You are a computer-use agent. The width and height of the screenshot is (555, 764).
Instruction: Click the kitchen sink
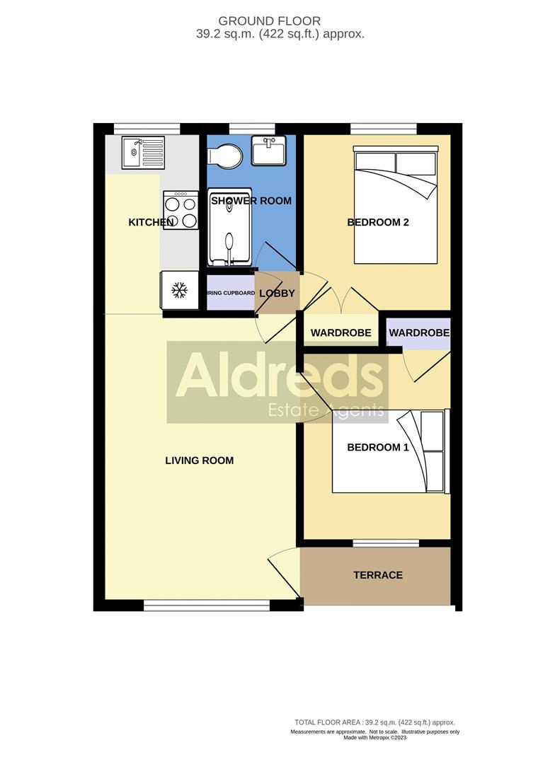pos(142,153)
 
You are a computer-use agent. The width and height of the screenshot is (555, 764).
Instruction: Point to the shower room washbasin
pos(268,151)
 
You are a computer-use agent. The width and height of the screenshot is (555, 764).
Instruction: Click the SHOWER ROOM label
pos(251,201)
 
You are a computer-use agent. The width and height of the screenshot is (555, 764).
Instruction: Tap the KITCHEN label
pos(151,223)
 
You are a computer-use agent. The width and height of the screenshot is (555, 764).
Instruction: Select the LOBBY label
pos(277,293)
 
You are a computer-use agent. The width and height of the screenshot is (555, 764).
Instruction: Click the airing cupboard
pos(230,293)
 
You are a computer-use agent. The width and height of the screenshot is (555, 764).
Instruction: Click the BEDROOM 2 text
pos(378,223)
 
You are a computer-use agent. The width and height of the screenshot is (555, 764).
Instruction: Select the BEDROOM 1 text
pos(377,447)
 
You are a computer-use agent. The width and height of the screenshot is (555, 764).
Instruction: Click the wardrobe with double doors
pos(341,332)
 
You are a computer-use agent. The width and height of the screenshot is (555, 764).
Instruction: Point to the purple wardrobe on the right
pos(418,332)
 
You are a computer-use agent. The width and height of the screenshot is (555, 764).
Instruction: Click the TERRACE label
pos(378,575)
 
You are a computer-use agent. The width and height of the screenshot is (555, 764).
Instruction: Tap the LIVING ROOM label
pos(200,461)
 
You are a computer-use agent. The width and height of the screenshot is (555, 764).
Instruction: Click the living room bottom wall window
pos(207,605)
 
